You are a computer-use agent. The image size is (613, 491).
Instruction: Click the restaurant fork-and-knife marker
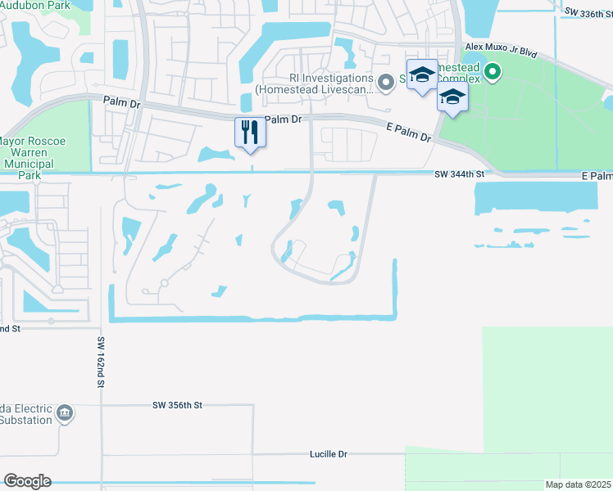[x=251, y=132]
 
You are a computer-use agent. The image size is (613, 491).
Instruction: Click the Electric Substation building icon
[x=66, y=413]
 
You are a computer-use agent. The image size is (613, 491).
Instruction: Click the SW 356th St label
[x=177, y=405]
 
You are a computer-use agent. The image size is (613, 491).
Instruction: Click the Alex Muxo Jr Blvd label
[x=501, y=52]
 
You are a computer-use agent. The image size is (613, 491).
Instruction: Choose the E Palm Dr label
[x=408, y=131]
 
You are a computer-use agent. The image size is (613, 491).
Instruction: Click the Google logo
[x=27, y=480]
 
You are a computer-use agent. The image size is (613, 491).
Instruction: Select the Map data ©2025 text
[x=578, y=484]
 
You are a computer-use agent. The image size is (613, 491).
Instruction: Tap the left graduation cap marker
[x=422, y=74]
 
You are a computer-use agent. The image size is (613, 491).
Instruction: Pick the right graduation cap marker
[x=452, y=97]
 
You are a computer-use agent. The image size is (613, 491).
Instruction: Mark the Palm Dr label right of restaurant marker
[x=284, y=119]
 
